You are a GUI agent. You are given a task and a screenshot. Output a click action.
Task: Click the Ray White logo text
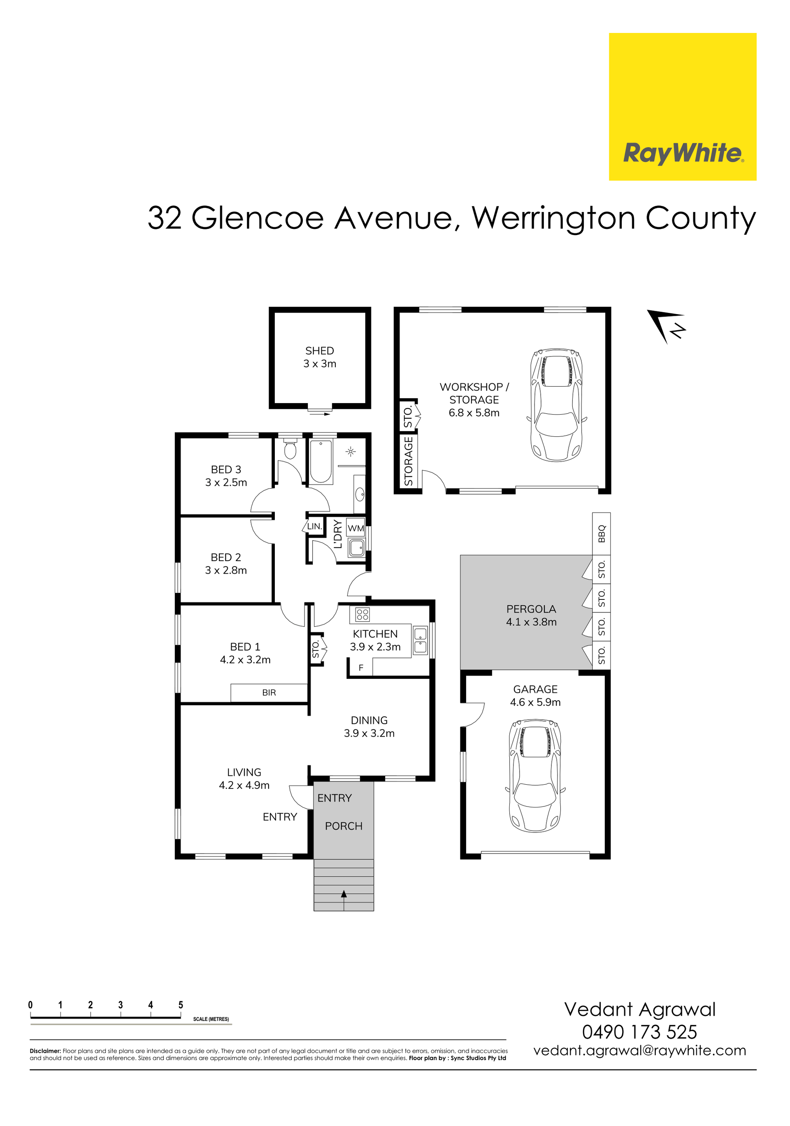683,153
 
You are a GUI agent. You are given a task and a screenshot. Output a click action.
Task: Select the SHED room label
320,351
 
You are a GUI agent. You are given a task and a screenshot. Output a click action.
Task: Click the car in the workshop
557,405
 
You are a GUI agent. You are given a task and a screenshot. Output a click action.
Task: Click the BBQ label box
601,534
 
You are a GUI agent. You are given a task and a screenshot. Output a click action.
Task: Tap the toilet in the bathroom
290,448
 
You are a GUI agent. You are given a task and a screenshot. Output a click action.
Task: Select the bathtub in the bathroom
321,461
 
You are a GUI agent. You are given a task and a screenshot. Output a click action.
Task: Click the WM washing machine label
356,528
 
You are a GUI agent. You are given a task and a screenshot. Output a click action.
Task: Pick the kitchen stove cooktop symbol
362,615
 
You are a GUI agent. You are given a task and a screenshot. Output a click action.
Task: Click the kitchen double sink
421,641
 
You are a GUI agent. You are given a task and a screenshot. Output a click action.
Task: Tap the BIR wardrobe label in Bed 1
269,692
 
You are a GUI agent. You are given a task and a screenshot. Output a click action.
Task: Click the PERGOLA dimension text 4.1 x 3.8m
531,622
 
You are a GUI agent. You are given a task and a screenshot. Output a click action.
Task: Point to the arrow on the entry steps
344,895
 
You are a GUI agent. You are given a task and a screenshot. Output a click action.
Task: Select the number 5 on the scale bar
181,1005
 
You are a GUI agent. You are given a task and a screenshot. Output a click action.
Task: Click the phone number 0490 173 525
639,1032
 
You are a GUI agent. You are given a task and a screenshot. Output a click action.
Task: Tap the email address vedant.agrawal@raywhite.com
639,1051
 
